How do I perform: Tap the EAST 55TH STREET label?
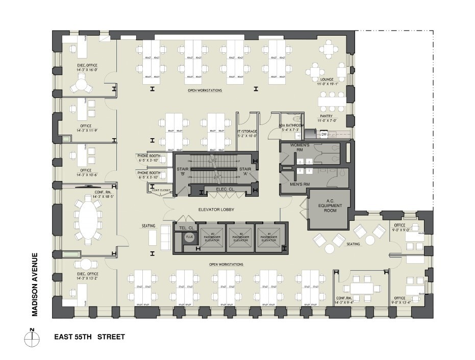click(x=89, y=337)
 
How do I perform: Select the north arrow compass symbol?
click(x=32, y=337)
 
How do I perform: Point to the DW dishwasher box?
click(x=323, y=135)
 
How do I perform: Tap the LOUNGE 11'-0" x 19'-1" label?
click(x=327, y=82)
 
